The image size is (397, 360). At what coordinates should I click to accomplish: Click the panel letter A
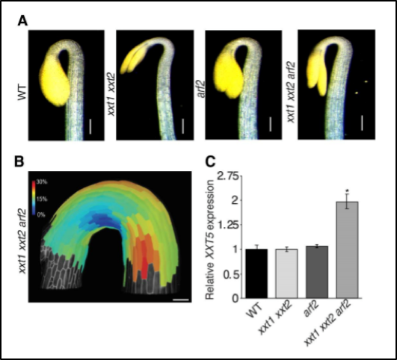[22, 21]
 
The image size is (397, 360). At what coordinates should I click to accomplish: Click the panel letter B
[19, 161]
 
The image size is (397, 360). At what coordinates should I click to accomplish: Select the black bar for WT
[256, 273]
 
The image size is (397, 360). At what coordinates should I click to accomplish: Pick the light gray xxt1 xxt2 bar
[287, 273]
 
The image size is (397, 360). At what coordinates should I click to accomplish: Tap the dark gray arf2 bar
[317, 272]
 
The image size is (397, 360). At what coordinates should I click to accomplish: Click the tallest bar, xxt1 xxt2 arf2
[347, 250]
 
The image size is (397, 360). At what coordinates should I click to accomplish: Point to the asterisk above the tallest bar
[348, 190]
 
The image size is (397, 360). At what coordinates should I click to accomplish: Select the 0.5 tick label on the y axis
[231, 275]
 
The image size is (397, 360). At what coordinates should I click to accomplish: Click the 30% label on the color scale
[42, 182]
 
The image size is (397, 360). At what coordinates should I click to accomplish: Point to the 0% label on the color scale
[41, 215]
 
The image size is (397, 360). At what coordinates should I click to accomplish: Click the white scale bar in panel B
[181, 300]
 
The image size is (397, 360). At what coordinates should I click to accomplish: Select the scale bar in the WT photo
[90, 126]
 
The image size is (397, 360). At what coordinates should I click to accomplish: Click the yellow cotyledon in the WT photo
[54, 81]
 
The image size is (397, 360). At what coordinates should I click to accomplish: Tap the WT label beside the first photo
[22, 93]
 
